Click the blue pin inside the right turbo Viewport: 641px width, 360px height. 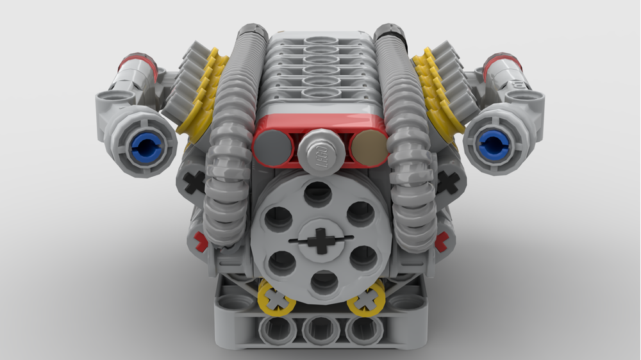click(x=492, y=144)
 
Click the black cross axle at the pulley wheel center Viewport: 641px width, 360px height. click(x=321, y=243)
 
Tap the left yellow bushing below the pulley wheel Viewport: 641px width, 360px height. click(x=276, y=298)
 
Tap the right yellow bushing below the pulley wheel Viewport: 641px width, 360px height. click(x=366, y=299)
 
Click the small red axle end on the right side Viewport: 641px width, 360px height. click(x=441, y=241)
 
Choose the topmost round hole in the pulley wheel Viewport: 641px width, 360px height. click(x=319, y=193)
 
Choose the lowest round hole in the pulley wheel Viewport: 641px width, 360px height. click(x=324, y=282)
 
